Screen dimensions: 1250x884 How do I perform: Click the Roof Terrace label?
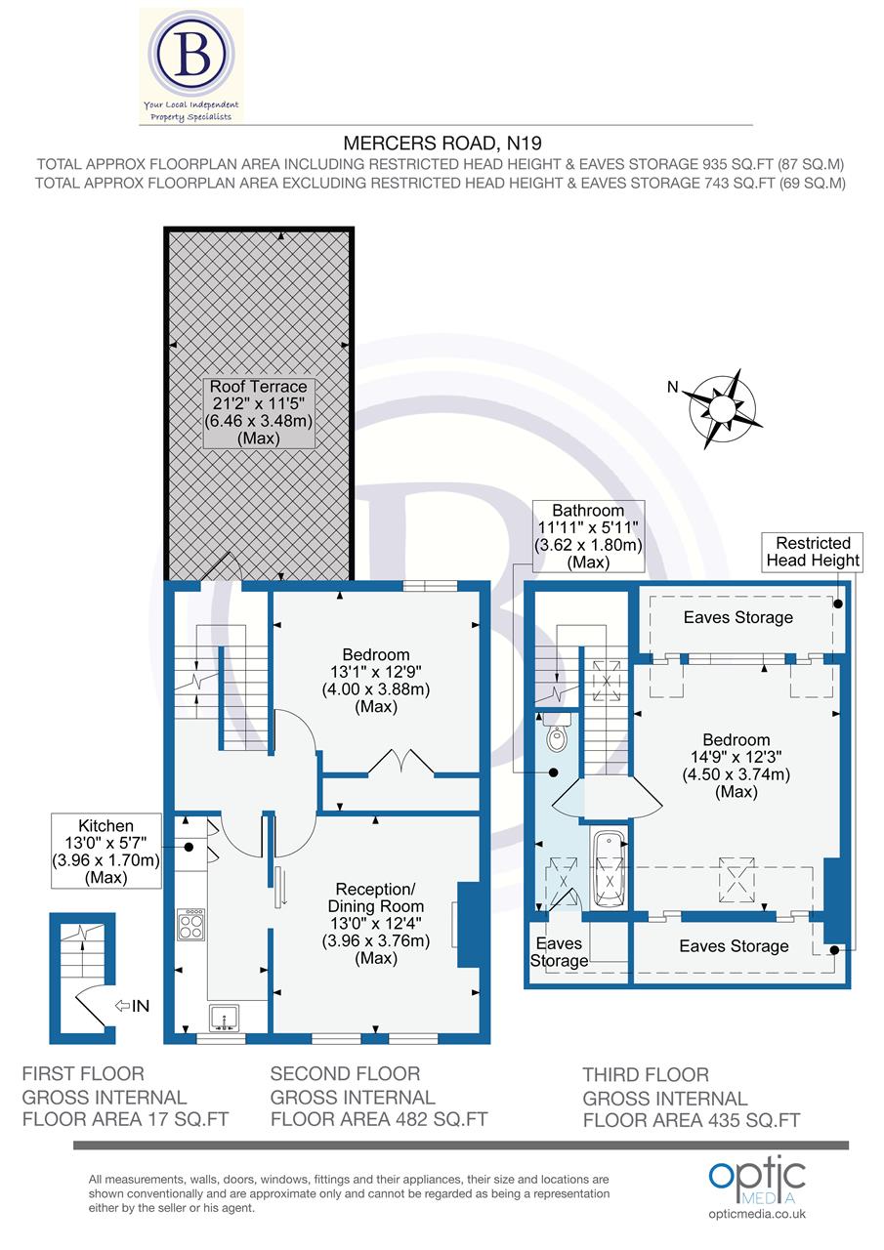[x=259, y=412]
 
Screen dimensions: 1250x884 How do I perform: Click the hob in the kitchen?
[x=190, y=924]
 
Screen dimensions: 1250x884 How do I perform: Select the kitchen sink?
[x=224, y=1019]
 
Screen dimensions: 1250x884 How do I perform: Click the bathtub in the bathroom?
[x=609, y=869]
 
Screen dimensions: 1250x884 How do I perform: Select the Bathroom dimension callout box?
[x=588, y=537]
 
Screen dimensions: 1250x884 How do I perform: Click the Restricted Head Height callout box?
[x=813, y=552]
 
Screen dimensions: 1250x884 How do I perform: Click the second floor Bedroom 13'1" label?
[x=376, y=688]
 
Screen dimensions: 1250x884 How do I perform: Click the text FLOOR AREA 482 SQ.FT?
[x=378, y=1119]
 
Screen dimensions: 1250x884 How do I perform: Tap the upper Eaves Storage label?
[x=737, y=617]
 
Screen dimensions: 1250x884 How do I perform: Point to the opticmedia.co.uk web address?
[x=757, y=1214]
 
